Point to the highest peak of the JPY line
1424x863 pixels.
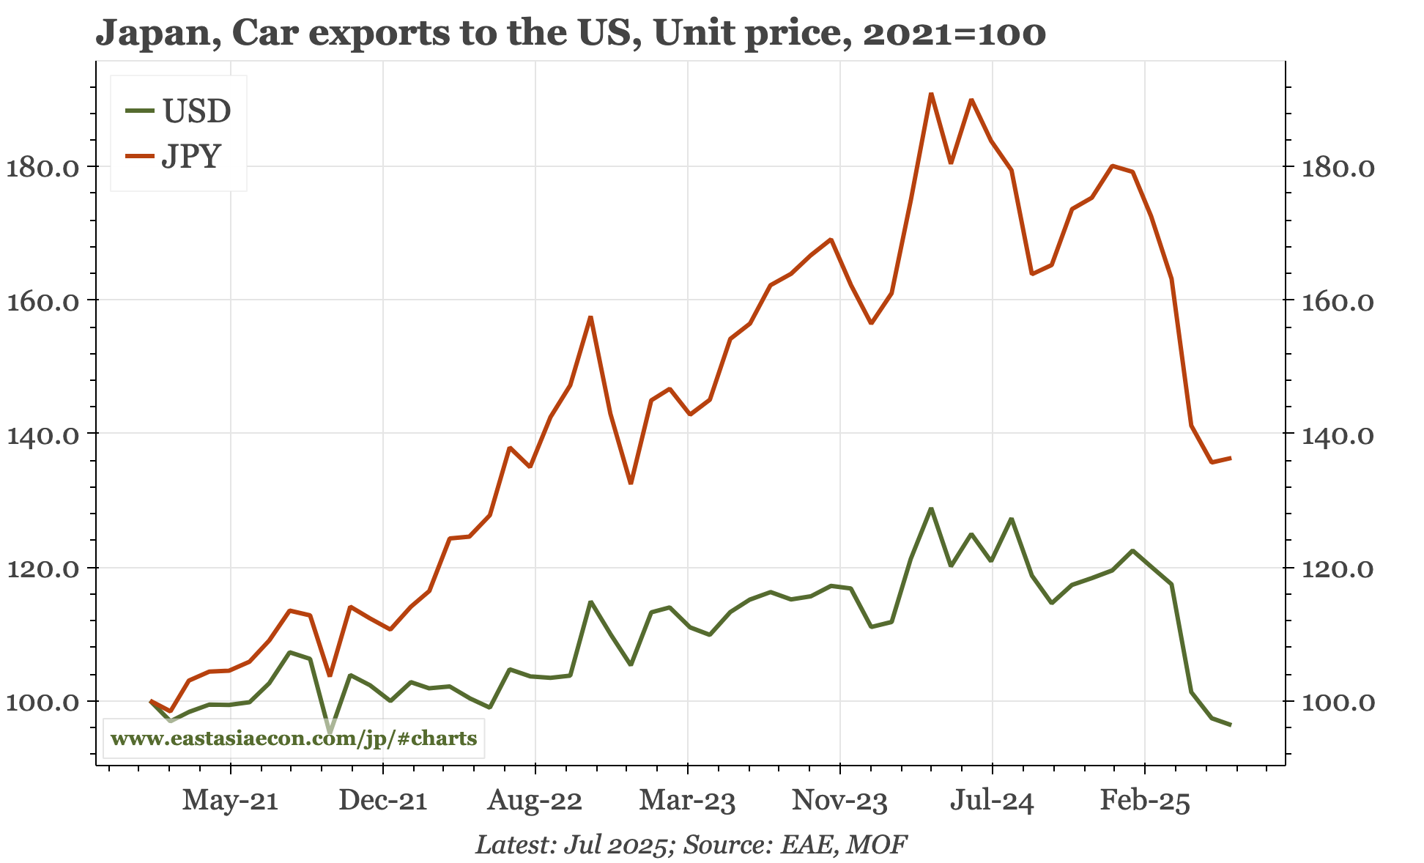[931, 94]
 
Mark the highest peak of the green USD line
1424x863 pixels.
[931, 508]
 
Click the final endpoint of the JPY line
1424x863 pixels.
[1231, 458]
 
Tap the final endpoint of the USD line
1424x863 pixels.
[1231, 725]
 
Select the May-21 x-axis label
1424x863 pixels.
[230, 801]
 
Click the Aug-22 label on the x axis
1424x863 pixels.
[535, 801]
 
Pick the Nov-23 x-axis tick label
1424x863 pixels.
[839, 801]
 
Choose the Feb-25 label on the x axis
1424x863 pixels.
[1145, 801]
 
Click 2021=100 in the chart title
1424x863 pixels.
[954, 34]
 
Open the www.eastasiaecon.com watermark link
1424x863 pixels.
[293, 738]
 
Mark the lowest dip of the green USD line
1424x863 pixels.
[330, 732]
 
